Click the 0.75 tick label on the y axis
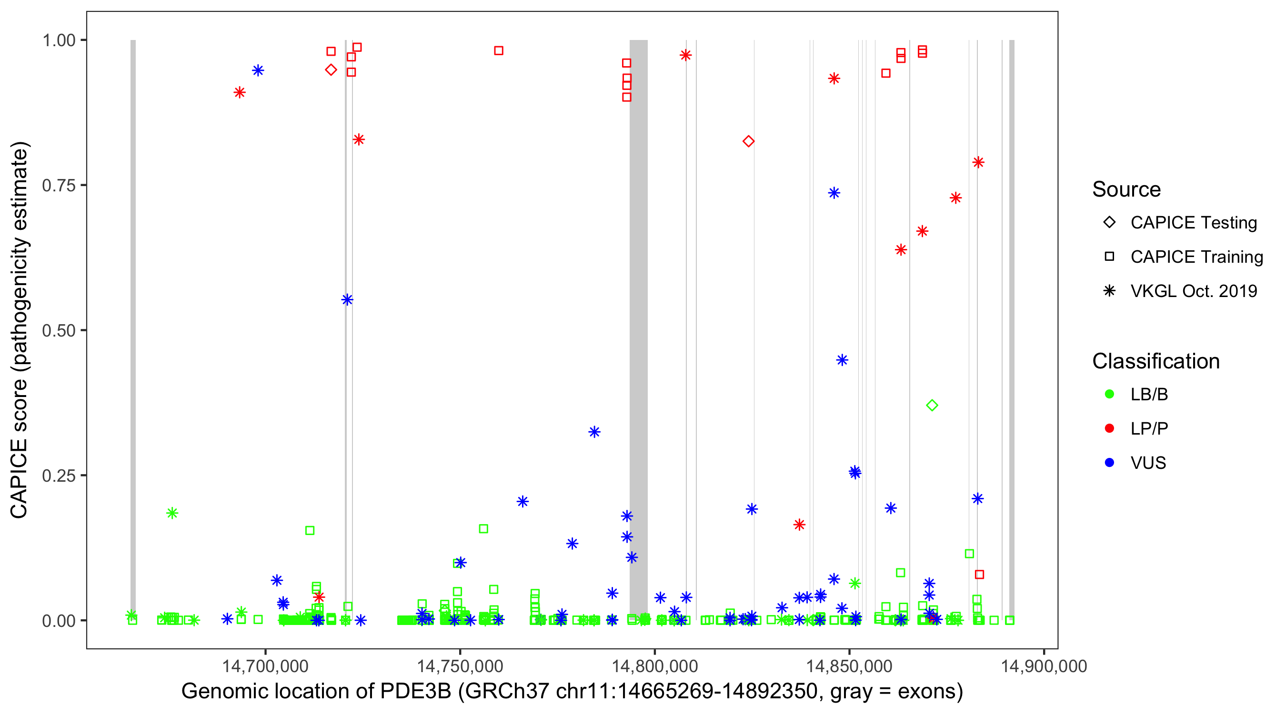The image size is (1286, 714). click(x=58, y=186)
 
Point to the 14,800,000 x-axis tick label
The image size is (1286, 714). click(x=654, y=666)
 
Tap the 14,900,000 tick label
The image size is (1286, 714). click(x=1044, y=666)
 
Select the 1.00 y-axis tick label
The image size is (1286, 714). click(x=58, y=40)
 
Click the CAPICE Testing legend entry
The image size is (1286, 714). click(x=1193, y=223)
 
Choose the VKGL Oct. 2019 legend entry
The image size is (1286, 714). click(x=1193, y=291)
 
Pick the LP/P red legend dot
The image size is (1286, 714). click(x=1109, y=428)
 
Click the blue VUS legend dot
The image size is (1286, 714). click(x=1109, y=463)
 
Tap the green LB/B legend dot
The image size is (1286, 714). click(x=1109, y=394)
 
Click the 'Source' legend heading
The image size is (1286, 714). click(x=1126, y=189)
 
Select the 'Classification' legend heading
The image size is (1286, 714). click(x=1155, y=361)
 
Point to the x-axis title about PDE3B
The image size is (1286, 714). click(x=572, y=692)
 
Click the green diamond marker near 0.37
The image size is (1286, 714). click(x=932, y=406)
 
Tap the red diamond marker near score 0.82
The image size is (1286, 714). click(x=748, y=142)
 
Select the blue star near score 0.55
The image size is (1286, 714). click(x=347, y=300)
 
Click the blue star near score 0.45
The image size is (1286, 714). click(x=842, y=360)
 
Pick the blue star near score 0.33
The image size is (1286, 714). click(x=593, y=432)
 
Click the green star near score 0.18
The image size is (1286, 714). click(x=172, y=513)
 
